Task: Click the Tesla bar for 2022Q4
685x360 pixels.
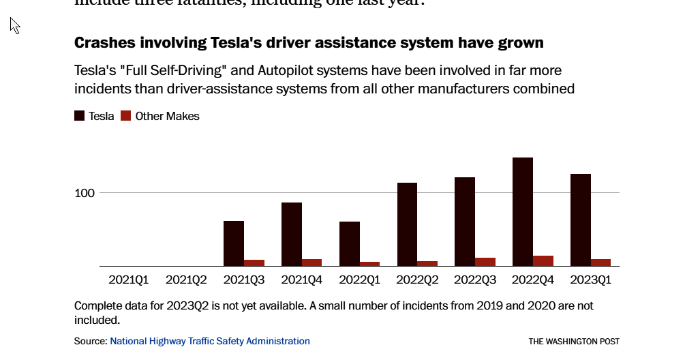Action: pos(523,211)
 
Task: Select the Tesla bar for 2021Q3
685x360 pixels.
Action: pos(234,243)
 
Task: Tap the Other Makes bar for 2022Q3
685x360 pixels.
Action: pos(485,262)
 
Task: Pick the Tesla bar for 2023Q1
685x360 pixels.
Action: pos(581,220)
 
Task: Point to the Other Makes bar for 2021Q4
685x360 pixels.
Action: pos(311,262)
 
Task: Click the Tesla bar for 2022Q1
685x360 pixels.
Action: pos(350,243)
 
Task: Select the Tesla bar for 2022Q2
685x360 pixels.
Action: pos(408,224)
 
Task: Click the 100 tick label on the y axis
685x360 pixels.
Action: pos(85,193)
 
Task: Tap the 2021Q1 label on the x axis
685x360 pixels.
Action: pos(128,280)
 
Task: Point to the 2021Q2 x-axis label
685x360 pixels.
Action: pos(186,280)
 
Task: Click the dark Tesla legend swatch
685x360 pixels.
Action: pos(80,116)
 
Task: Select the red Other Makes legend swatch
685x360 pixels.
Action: pos(126,116)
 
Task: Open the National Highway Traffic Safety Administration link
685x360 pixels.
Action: pos(210,341)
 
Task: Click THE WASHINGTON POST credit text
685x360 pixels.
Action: pos(574,342)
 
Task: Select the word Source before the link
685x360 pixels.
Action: pos(89,341)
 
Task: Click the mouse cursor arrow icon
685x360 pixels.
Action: pos(14,25)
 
